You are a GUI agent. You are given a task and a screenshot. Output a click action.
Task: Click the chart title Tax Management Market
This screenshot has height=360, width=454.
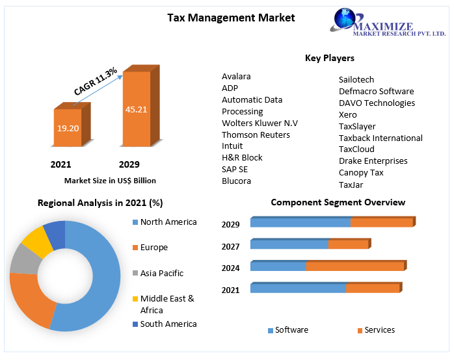click(231, 18)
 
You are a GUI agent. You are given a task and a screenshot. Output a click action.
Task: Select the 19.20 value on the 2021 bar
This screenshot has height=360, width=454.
click(68, 128)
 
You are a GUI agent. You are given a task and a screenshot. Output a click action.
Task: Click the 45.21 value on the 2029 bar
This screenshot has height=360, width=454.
click(137, 109)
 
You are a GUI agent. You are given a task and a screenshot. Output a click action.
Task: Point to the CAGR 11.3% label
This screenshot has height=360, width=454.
click(96, 82)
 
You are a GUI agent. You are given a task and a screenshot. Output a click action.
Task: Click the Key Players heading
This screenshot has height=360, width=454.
click(329, 58)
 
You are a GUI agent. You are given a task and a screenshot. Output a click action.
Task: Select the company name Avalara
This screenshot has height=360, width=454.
click(236, 76)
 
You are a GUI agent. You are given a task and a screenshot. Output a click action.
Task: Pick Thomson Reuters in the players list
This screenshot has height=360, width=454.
click(256, 135)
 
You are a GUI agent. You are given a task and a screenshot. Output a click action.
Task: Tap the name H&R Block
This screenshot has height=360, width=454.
click(242, 157)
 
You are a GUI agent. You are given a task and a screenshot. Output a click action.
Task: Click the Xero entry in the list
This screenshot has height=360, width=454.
click(348, 114)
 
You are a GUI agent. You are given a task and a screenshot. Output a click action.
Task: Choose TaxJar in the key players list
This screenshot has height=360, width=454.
click(351, 185)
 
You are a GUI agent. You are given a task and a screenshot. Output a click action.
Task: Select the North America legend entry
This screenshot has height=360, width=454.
click(168, 222)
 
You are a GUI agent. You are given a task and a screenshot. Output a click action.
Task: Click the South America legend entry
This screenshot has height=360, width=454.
click(168, 324)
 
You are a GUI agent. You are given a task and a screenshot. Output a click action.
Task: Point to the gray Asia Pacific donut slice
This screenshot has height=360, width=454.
click(25, 259)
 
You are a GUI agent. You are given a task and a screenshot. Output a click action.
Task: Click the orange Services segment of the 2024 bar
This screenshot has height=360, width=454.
click(354, 266)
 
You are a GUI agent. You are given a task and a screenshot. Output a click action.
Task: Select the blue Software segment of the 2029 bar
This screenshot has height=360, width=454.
click(300, 223)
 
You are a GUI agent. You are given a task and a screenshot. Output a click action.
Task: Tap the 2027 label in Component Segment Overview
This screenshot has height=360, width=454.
click(230, 246)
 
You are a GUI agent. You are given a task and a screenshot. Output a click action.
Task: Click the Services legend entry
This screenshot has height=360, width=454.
click(379, 330)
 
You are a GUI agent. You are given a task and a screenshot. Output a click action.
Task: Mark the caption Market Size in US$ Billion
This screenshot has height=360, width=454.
click(110, 181)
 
